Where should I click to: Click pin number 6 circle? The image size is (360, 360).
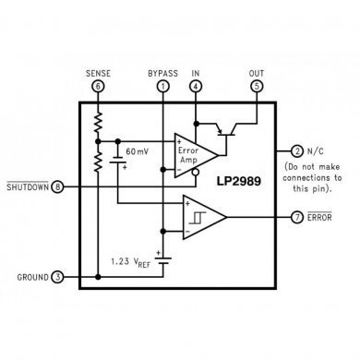pyautogui.click(x=98, y=86)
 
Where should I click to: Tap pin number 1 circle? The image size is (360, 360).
pyautogui.click(x=162, y=86)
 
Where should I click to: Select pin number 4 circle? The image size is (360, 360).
pyautogui.click(x=195, y=86)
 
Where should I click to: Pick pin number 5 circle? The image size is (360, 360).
pyautogui.click(x=256, y=86)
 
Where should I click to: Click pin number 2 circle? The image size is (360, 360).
pyautogui.click(x=296, y=150)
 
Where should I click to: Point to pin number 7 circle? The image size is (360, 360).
pyautogui.click(x=297, y=218)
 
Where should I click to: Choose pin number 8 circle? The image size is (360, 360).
pyautogui.click(x=59, y=187)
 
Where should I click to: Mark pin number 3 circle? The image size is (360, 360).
pyautogui.click(x=59, y=276)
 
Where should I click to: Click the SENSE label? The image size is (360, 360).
pyautogui.click(x=98, y=72)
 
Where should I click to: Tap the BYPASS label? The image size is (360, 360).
pyautogui.click(x=162, y=72)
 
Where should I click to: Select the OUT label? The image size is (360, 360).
pyautogui.click(x=256, y=72)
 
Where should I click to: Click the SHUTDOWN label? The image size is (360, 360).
pyautogui.click(x=28, y=187)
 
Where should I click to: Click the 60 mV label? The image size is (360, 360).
pyautogui.click(x=137, y=150)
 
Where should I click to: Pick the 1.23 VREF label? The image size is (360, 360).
pyautogui.click(x=132, y=260)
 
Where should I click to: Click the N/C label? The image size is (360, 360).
pyautogui.click(x=317, y=150)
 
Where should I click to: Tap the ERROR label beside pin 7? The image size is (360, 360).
pyautogui.click(x=320, y=218)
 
